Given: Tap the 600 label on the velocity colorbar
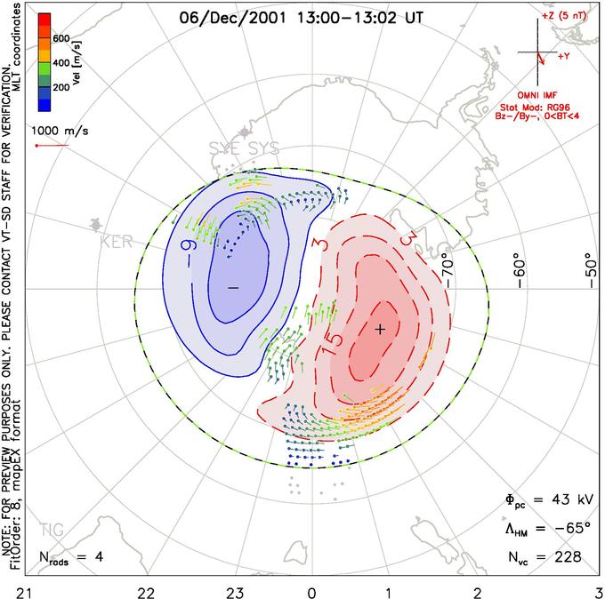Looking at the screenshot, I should [61, 38].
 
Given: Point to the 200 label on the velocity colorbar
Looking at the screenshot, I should [61, 89].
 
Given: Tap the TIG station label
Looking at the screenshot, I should [52, 531].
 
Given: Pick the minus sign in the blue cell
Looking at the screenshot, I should [233, 288].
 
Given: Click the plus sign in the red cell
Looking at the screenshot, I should [380, 329].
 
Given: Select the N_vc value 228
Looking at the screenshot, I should [565, 557].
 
